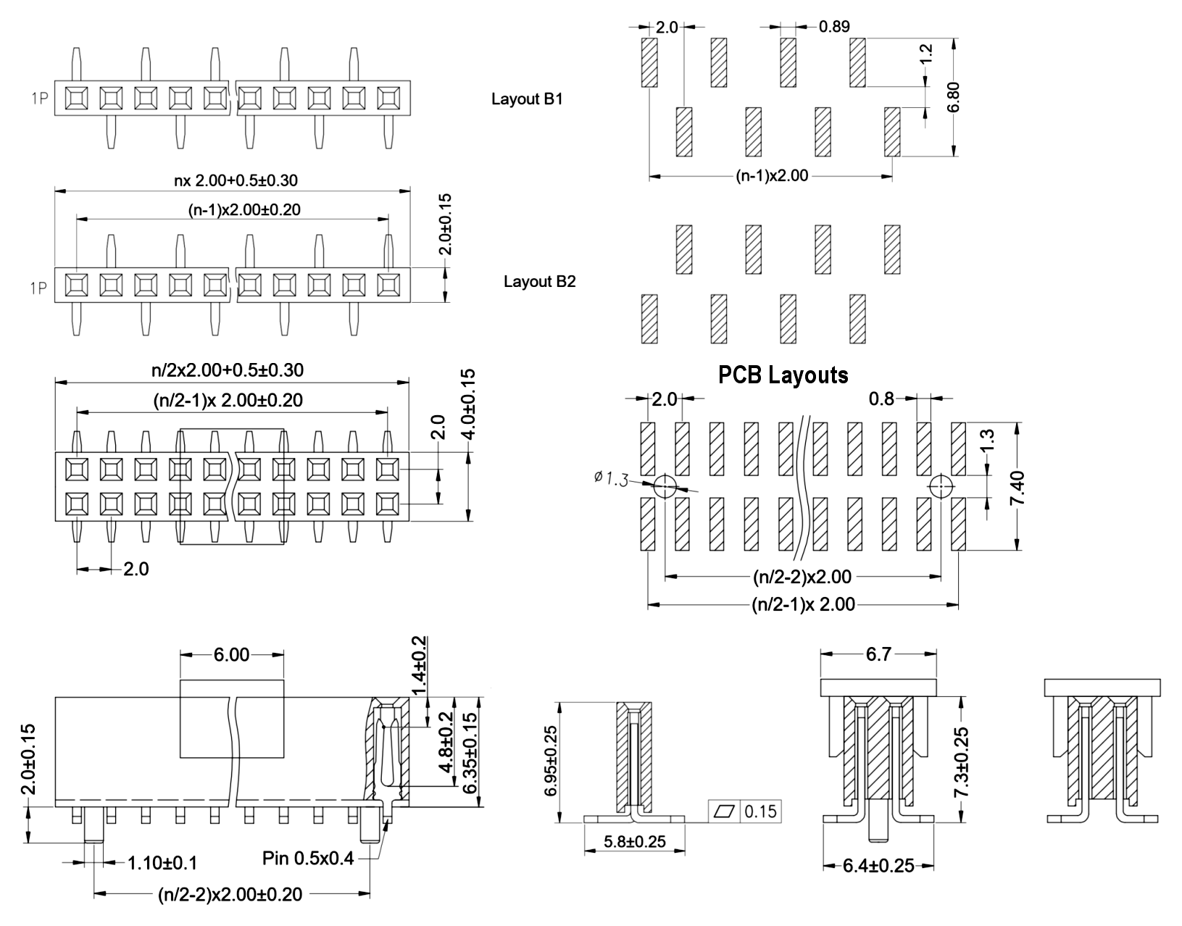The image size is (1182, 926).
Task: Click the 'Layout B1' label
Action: pos(527,99)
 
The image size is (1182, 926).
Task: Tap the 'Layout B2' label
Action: pos(539,281)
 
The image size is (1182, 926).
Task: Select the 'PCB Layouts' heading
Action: pos(783,375)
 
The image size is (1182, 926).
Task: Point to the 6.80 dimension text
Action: pos(954,96)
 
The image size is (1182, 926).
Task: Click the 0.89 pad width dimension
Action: pos(834,27)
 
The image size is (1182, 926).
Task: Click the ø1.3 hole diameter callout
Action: pos(611,478)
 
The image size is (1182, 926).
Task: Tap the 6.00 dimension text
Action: pos(231,655)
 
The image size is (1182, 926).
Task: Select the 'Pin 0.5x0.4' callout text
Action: pos(308,859)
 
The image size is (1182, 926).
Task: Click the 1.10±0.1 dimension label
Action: pos(162,863)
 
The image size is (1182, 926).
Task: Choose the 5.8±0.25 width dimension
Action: pos(634,842)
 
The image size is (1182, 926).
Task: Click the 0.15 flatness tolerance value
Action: pos(760,812)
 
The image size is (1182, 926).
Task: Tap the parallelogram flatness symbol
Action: pos(725,812)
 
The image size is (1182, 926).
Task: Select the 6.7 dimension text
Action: pos(878,654)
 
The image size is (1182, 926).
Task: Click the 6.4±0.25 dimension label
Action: pos(878,866)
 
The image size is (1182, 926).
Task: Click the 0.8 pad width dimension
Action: pos(881,399)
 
